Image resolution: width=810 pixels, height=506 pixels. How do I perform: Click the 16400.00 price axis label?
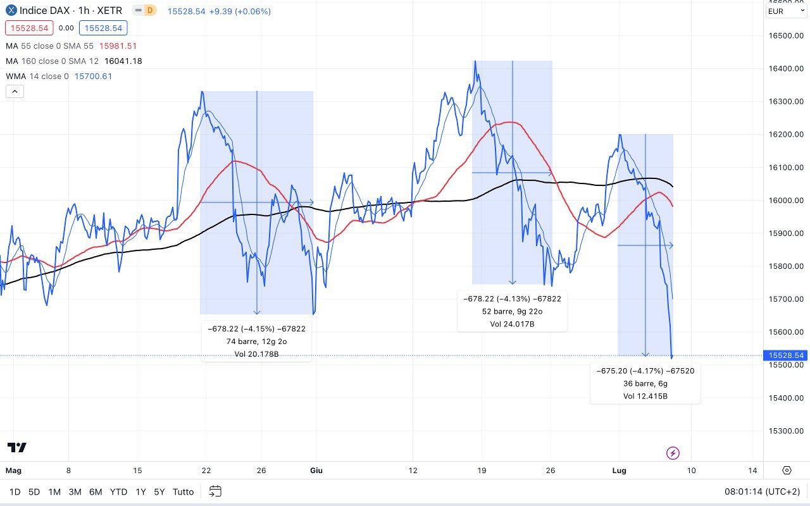785,68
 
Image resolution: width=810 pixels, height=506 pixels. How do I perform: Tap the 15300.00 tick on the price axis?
785,431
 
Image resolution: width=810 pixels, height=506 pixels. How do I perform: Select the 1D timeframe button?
15,491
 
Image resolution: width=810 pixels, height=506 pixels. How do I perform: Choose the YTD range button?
118,491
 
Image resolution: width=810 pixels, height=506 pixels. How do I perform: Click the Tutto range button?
183,491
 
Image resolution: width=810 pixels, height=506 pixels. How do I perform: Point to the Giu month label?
316,470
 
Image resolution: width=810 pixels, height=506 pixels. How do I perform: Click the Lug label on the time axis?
620,470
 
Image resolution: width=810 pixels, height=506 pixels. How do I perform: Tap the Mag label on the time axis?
13,470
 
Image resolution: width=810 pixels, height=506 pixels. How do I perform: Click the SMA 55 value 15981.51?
118,46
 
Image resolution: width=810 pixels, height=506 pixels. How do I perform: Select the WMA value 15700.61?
93,77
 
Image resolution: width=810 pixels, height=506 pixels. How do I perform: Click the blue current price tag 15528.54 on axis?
785,355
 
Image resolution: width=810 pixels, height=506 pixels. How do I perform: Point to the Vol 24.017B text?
512,324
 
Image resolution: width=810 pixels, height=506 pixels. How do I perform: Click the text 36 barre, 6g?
645,383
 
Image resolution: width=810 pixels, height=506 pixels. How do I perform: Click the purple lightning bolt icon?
673,453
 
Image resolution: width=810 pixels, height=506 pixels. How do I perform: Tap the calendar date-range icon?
215,491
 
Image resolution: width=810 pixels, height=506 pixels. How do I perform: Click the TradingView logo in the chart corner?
17,448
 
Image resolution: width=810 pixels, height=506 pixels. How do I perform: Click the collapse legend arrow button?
15,91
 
